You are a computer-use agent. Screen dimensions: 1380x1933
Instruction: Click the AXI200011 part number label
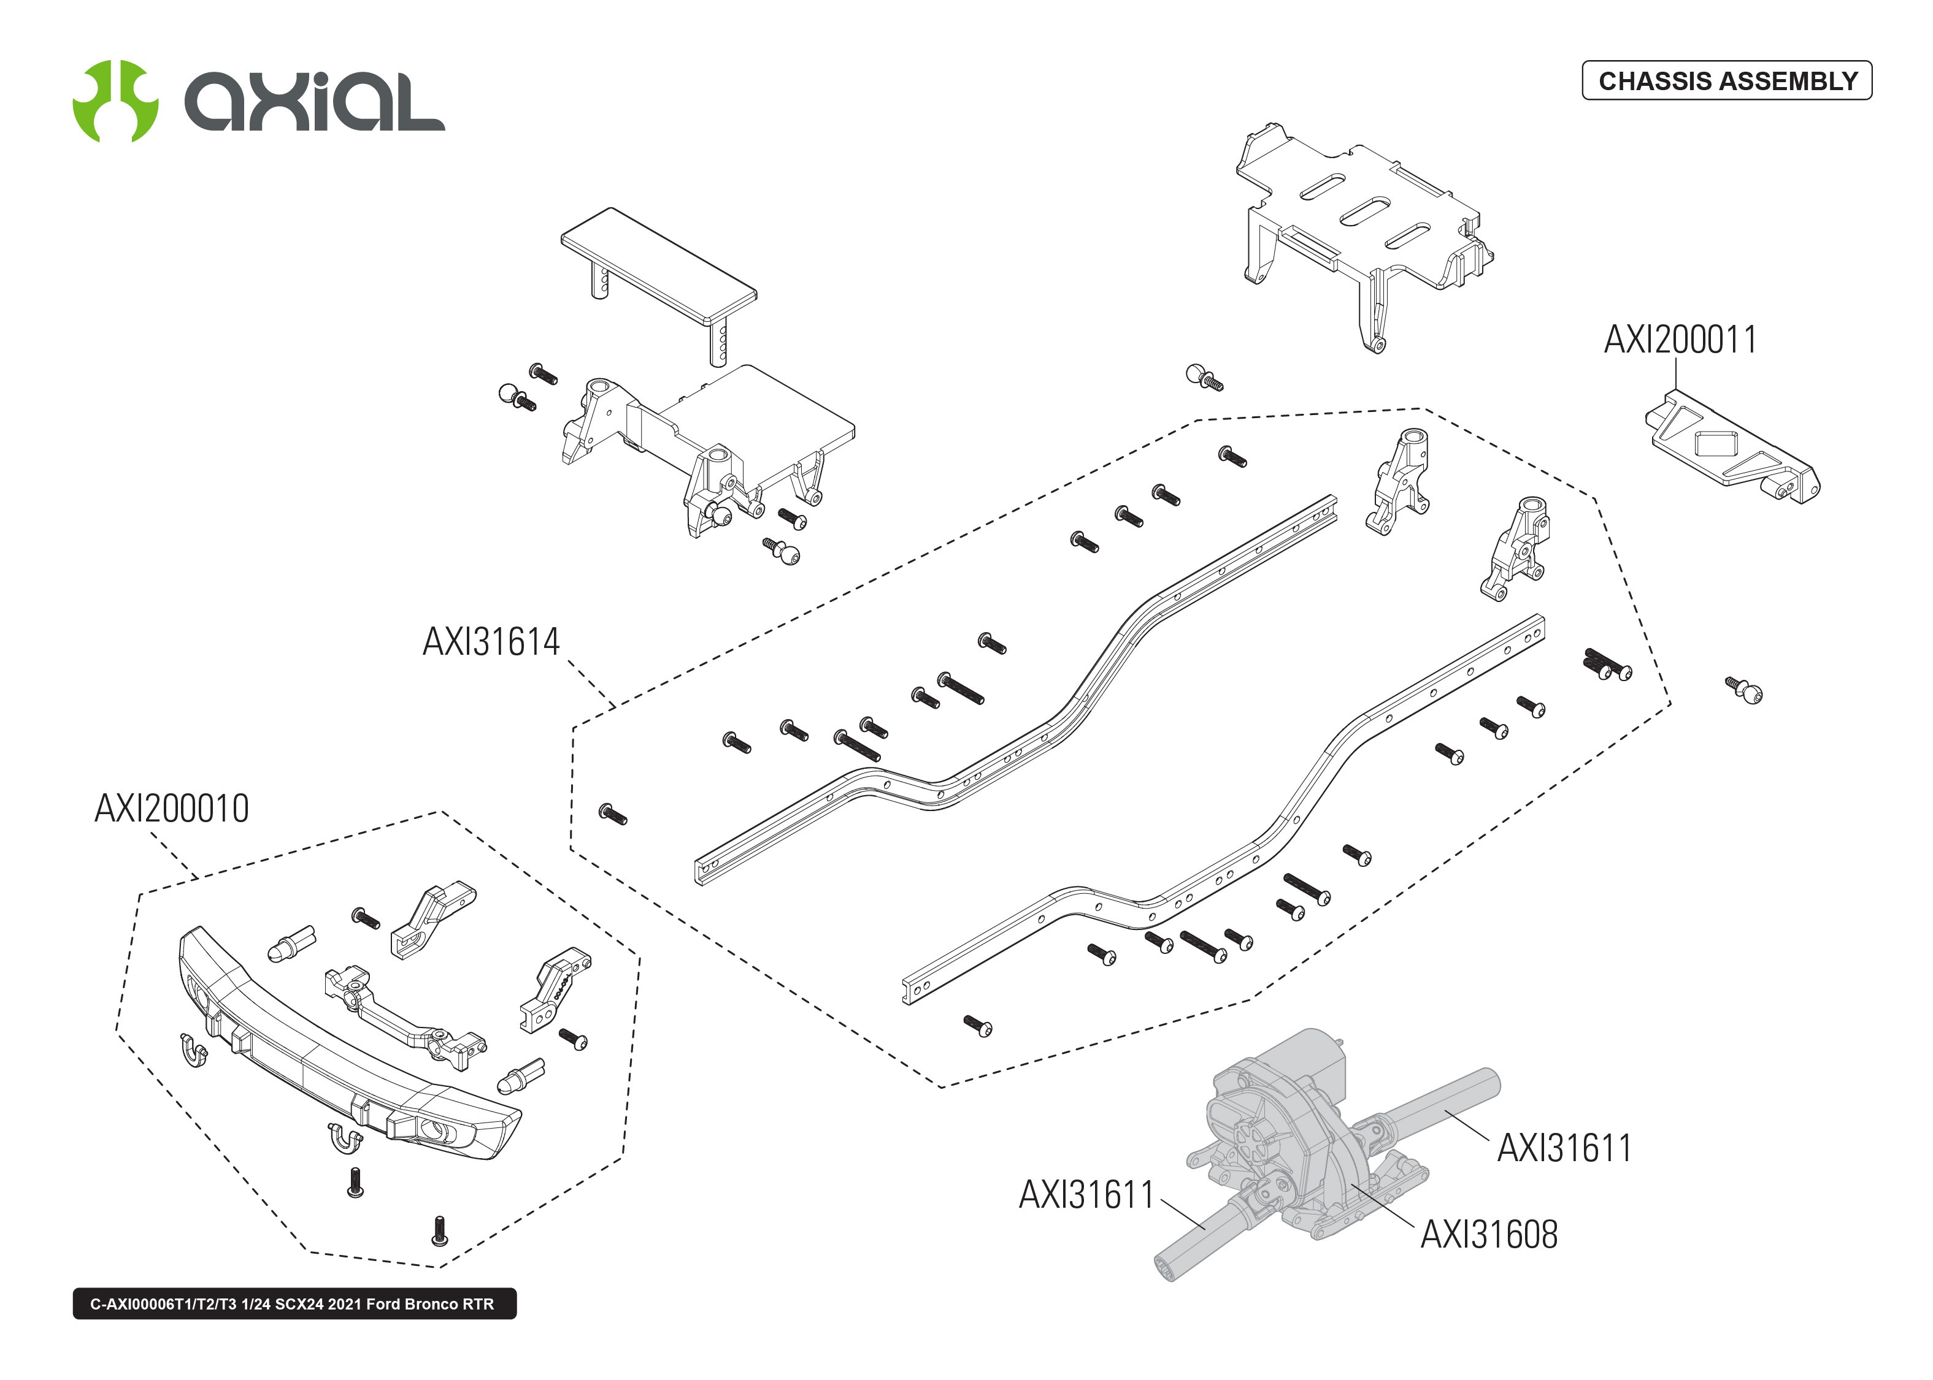(x=1679, y=340)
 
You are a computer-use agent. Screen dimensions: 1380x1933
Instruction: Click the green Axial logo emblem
(x=115, y=101)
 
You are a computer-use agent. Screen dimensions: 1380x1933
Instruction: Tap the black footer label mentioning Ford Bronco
(x=294, y=1303)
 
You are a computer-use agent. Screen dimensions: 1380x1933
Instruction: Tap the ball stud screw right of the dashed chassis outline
(x=1744, y=690)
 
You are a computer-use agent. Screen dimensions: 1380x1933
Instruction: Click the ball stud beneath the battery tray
(x=1203, y=376)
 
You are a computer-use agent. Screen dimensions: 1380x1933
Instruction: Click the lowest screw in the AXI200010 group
(x=439, y=1231)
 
